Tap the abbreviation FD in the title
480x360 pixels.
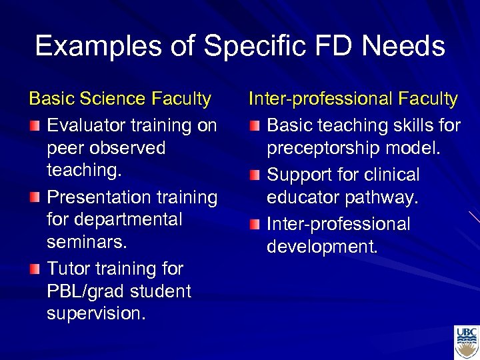coord(337,47)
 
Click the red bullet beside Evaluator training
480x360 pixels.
coord(34,125)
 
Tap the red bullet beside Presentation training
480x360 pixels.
coord(34,197)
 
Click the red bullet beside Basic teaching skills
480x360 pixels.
coord(254,125)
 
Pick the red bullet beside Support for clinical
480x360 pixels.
coord(254,175)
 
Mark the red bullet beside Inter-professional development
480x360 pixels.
coord(254,224)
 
